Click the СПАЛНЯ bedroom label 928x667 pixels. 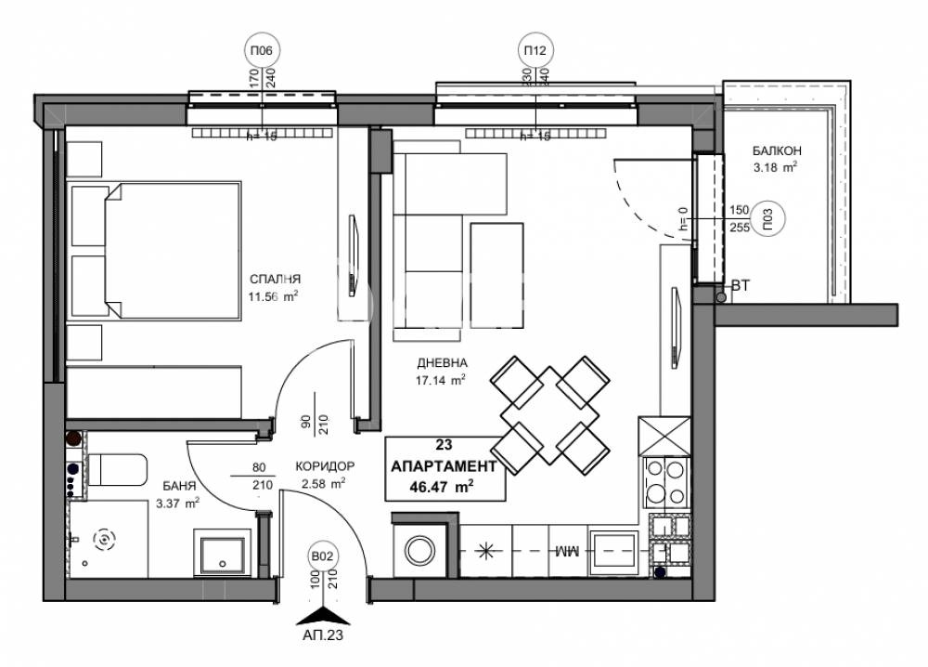point(275,279)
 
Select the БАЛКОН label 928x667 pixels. point(777,151)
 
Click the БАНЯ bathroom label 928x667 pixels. point(179,485)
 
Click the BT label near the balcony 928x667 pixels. point(741,286)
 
